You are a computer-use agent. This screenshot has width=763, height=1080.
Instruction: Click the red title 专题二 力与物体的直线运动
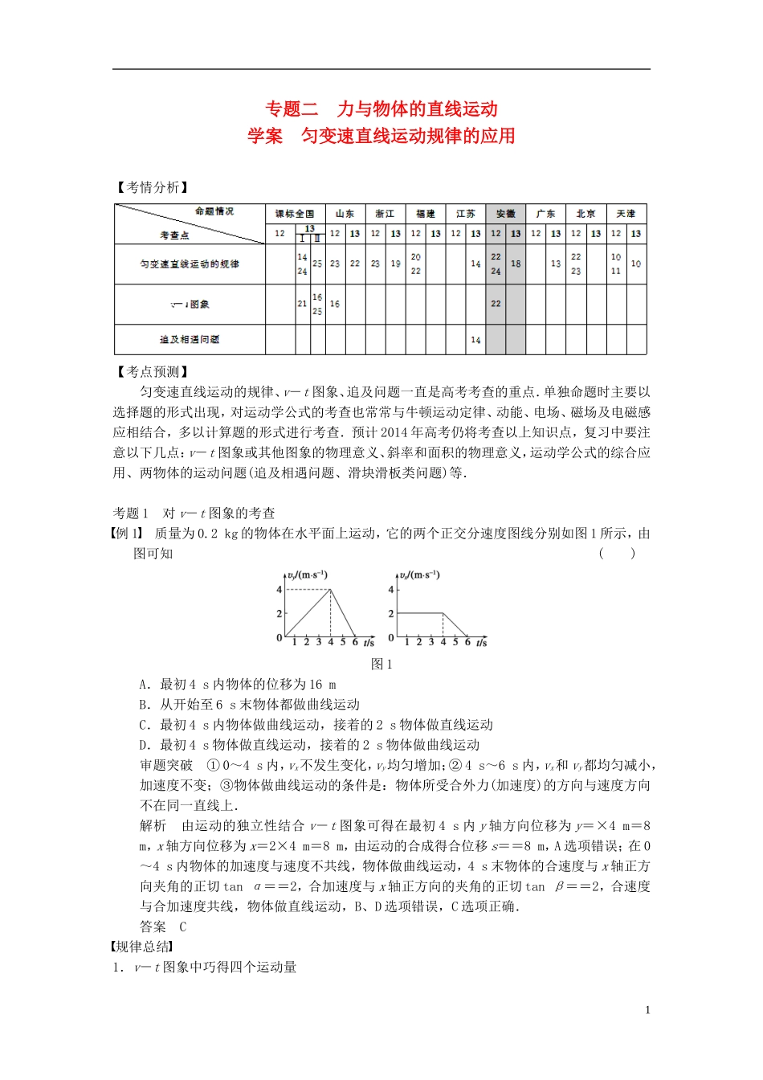point(381,109)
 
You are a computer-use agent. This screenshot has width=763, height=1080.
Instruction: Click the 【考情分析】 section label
point(152,187)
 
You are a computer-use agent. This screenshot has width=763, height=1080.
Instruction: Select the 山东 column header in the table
point(345,214)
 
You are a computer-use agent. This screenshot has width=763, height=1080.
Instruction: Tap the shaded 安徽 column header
point(505,214)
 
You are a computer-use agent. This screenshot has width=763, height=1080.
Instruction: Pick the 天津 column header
point(626,214)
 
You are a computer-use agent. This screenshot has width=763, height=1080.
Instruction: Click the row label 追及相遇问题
point(190,340)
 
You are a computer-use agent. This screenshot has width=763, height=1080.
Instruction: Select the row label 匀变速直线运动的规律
point(190,264)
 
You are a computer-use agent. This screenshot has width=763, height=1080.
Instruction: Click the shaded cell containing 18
point(516,264)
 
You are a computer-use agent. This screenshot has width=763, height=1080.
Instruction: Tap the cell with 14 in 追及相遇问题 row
point(475,340)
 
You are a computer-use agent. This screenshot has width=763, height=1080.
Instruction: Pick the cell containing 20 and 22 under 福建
point(415,264)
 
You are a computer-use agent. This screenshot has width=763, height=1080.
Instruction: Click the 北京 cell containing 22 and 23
point(576,264)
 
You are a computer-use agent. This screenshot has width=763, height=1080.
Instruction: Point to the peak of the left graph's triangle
point(331,590)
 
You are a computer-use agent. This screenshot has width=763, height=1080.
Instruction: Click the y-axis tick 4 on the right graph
point(391,590)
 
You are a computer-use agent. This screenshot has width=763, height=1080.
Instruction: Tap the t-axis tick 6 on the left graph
point(355,642)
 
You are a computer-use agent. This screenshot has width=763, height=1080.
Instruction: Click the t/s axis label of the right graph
point(481,643)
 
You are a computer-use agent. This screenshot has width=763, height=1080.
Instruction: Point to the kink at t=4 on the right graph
point(443,614)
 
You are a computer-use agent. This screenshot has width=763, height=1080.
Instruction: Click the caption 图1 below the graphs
point(381,664)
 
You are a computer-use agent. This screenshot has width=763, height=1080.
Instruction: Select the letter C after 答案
point(183,927)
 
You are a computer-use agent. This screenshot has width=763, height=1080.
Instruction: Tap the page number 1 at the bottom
point(647,1010)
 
